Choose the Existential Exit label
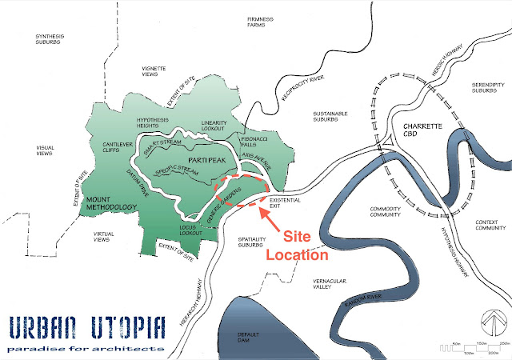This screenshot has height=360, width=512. [x=285, y=204]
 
